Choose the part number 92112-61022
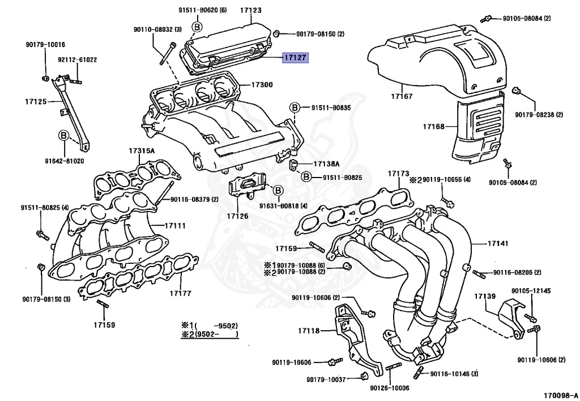tap(77, 60)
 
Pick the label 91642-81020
tap(64, 161)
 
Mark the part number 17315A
tap(142, 151)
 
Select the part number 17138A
tap(326, 164)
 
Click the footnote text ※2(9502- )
tap(210, 334)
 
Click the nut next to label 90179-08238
tap(516, 91)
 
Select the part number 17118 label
tap(309, 330)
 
